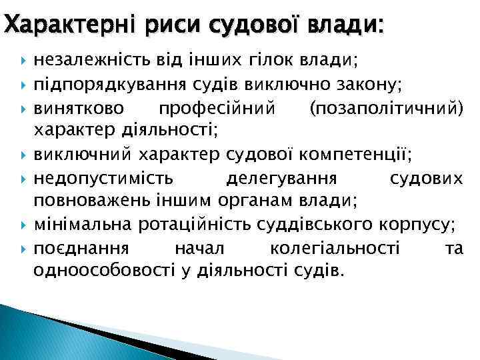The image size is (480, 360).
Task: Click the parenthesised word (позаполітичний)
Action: (387, 107)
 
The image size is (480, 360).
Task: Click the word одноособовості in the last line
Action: (103, 271)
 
